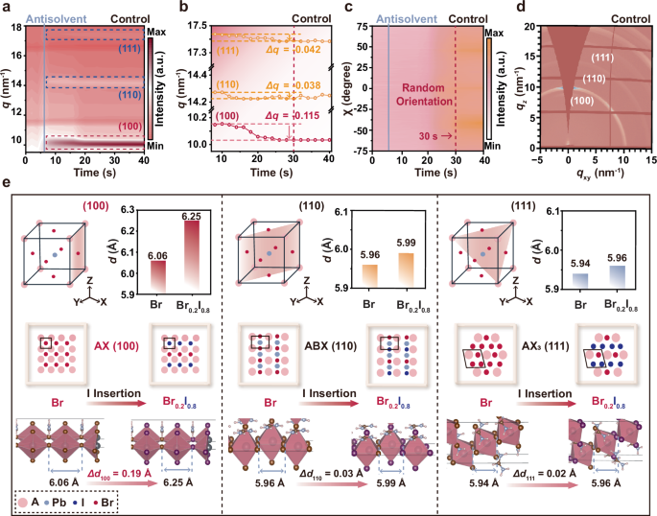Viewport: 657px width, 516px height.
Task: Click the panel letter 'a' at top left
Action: (7, 7)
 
